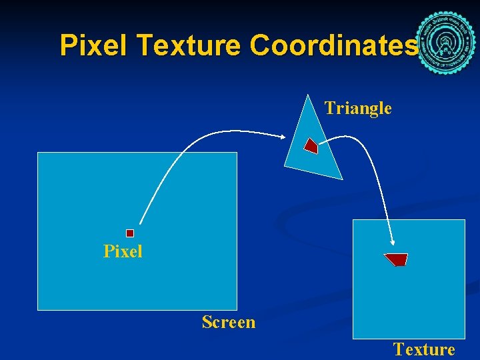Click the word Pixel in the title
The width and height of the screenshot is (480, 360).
(95, 45)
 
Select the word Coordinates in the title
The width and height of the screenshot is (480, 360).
(333, 45)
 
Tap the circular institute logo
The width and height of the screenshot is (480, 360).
(445, 44)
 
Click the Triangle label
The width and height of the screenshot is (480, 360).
(358, 108)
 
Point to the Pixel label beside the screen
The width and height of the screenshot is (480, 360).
(123, 251)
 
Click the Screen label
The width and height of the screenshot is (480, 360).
(229, 322)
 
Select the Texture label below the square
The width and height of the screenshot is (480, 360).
(424, 349)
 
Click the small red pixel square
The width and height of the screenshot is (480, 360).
(130, 233)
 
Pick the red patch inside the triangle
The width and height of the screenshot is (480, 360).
(311, 145)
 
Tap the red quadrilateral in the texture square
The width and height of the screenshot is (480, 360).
(397, 259)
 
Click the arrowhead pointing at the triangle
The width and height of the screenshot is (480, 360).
(285, 138)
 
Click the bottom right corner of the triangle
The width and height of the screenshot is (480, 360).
(342, 179)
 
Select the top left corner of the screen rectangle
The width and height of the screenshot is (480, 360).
(37, 153)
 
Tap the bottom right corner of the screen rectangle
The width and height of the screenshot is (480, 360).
(237, 309)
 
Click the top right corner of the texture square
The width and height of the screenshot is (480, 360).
(465, 220)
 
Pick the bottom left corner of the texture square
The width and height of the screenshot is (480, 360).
(353, 338)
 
